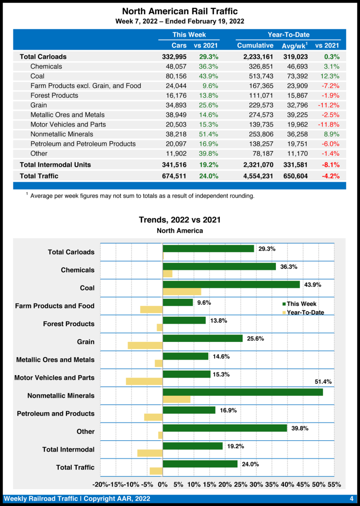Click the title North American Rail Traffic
click(x=180, y=11)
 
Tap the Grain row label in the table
click(x=39, y=105)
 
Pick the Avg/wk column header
click(x=295, y=45)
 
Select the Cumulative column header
click(x=255, y=45)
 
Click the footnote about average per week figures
click(x=142, y=196)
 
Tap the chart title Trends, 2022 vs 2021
click(x=180, y=220)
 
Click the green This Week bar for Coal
click(x=231, y=285)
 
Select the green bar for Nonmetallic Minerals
click(x=242, y=392)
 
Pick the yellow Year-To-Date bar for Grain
click(x=145, y=345)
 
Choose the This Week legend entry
click(x=301, y=304)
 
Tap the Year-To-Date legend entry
click(x=305, y=312)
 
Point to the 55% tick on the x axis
click(x=334, y=484)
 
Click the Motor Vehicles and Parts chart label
click(x=54, y=378)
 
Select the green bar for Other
click(x=225, y=428)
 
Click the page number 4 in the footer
click(x=351, y=498)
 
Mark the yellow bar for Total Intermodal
click(x=150, y=453)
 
